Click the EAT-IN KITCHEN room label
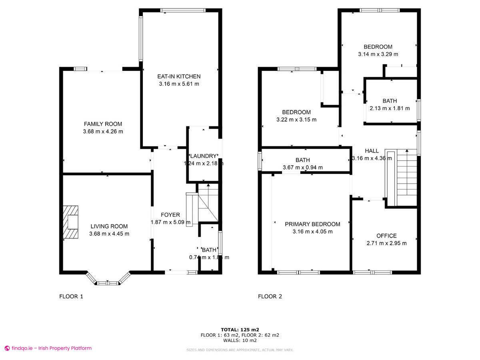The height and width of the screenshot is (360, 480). pos(179,76)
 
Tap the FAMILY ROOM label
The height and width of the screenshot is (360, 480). pos(103,124)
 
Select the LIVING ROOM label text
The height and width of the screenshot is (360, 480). pos(109,226)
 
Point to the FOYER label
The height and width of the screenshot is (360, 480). pos(170,215)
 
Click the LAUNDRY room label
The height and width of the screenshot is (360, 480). pos(203,156)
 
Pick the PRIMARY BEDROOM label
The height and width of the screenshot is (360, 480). pos(312,224)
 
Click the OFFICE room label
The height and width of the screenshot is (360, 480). pos(386,236)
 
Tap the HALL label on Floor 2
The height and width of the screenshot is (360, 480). pos(372,151)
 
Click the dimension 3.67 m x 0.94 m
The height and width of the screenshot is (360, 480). pos(302,168)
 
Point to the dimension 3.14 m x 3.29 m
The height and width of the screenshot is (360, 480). pos(378,54)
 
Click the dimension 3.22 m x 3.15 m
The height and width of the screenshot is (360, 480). pos(296,120)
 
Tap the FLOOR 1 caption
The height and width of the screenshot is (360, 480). pos(71,296)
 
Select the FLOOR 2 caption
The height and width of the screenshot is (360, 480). pos(270,296)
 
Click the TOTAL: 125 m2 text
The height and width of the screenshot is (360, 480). pos(240,330)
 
